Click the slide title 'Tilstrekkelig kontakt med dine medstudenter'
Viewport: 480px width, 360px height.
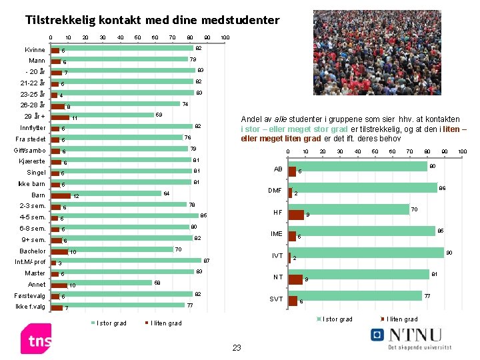152,20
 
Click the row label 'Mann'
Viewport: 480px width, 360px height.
36,61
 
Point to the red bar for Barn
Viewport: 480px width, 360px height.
61,196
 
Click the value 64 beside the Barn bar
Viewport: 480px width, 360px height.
166,193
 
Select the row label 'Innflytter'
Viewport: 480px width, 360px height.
33,127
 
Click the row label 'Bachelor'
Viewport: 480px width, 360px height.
33,251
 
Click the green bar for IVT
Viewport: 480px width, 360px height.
366,253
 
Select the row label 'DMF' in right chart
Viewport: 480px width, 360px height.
275,191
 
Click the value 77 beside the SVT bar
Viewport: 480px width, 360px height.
428,295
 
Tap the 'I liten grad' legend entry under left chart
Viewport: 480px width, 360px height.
163,323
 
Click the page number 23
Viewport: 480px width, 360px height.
236,347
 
